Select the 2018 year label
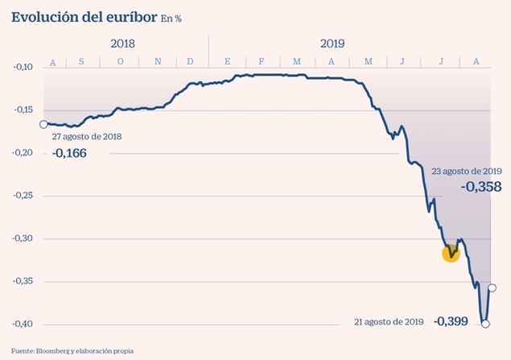click(124, 44)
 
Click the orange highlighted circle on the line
click(451, 254)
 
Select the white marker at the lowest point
click(485, 324)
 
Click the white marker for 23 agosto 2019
click(492, 288)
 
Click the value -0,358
click(480, 187)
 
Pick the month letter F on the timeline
click(262, 62)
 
